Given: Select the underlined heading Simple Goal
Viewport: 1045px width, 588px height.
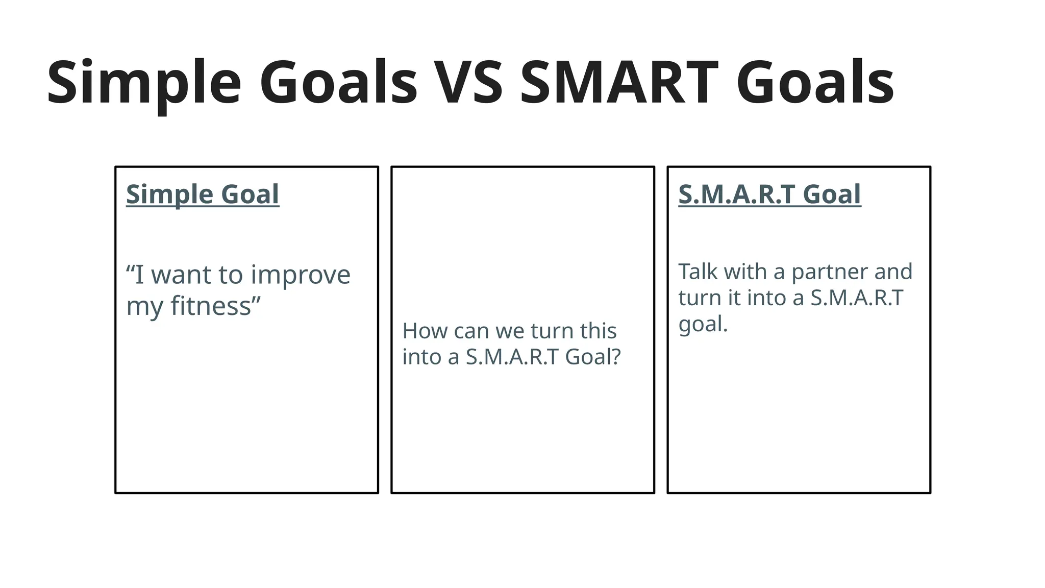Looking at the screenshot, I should point(203,194).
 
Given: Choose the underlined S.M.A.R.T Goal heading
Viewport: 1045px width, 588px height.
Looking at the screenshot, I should point(769,194).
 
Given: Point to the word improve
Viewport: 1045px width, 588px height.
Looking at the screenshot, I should point(301,275).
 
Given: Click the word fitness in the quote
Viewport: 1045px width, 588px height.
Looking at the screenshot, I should point(211,306).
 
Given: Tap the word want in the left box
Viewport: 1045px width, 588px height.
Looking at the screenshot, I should point(182,275).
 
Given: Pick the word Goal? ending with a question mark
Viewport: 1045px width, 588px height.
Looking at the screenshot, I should point(592,357).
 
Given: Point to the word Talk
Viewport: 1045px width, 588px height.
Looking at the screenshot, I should point(698,272).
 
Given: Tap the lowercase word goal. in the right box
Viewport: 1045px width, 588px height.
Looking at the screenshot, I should point(703,325).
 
